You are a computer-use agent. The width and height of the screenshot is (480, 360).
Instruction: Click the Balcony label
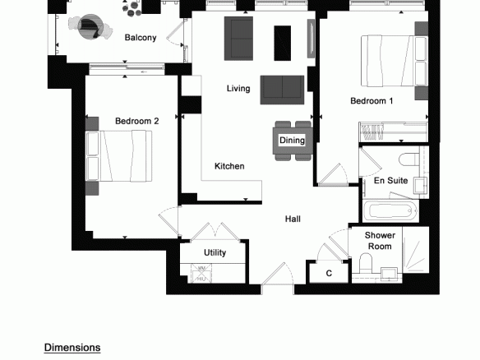[x=141, y=38]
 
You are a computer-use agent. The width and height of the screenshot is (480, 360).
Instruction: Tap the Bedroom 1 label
[x=372, y=101]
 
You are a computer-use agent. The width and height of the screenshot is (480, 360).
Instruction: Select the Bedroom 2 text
[x=136, y=121]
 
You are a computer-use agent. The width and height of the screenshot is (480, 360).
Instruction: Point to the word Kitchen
[x=229, y=166]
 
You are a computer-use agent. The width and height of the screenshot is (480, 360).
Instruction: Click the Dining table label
[x=292, y=141]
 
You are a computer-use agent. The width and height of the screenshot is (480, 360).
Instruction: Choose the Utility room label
[x=215, y=252]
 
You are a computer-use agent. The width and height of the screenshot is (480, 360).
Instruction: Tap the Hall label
[x=293, y=219]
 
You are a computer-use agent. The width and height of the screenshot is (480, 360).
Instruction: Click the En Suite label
[x=390, y=180]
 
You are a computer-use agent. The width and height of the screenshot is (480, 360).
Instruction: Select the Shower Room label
[x=380, y=241]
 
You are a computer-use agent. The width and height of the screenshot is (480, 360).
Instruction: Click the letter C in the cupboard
[x=329, y=273]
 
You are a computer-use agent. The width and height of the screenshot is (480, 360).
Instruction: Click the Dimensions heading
[x=72, y=348]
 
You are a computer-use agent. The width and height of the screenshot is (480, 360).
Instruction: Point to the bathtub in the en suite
[x=390, y=211]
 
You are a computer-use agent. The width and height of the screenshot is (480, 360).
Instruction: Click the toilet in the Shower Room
[x=365, y=262]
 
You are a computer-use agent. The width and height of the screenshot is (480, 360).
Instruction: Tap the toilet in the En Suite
[x=409, y=159]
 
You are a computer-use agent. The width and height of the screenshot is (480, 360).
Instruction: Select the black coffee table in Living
[x=282, y=44]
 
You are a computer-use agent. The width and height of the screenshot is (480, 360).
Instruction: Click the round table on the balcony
[x=90, y=27]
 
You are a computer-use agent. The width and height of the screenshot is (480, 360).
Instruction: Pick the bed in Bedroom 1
[x=395, y=61]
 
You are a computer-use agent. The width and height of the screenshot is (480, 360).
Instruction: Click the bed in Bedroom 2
[x=119, y=156]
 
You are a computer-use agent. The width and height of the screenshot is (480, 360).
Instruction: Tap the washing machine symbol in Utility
[x=201, y=269]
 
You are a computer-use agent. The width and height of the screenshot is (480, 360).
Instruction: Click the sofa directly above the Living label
[x=239, y=39]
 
